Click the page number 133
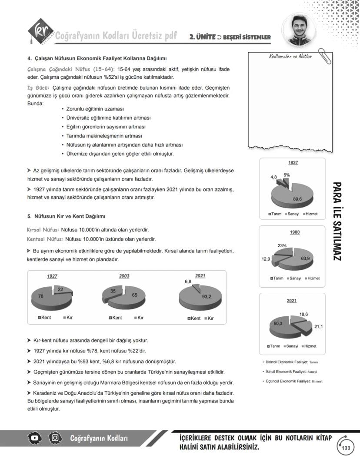pyautogui.click(x=346, y=448)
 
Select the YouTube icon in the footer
pyautogui.click(x=36, y=438)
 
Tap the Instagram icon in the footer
pyautogui.click(x=55, y=438)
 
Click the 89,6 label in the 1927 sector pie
pyautogui.click(x=297, y=199)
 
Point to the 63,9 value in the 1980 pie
pyautogui.click(x=305, y=258)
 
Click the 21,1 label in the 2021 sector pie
pyautogui.click(x=318, y=326)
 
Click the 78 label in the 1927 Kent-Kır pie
pyautogui.click(x=40, y=296)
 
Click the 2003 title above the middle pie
pyautogui.click(x=124, y=276)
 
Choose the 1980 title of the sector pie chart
pyautogui.click(x=294, y=232)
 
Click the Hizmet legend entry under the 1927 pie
pyautogui.click(x=310, y=214)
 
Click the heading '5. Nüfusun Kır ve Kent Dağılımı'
pyautogui.click(x=66, y=216)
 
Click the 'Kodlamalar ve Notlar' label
pyautogui.click(x=290, y=57)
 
